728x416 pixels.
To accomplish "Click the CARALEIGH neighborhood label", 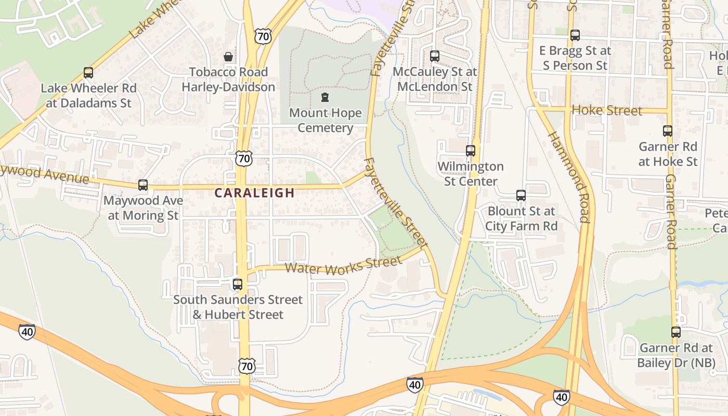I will pyautogui.click(x=255, y=193).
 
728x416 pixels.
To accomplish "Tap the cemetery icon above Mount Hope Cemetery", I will pyautogui.click(x=325, y=97).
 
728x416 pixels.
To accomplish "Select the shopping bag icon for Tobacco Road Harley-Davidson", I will pyautogui.click(x=228, y=57).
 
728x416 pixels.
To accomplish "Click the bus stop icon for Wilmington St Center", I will pyautogui.click(x=471, y=151).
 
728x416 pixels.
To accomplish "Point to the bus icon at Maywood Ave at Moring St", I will pyautogui.click(x=143, y=185).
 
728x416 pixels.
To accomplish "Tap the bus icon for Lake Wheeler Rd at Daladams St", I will pyautogui.click(x=88, y=73).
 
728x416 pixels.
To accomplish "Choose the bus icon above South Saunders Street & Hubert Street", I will pyautogui.click(x=238, y=284).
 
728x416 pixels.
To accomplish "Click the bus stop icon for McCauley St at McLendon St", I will pyautogui.click(x=435, y=56).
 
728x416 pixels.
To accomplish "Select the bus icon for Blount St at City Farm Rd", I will pyautogui.click(x=521, y=196).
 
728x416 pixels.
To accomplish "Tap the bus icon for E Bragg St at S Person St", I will pyautogui.click(x=575, y=35).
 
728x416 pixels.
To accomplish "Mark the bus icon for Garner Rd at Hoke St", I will pyautogui.click(x=668, y=131).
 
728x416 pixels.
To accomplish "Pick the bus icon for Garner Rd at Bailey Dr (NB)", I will pyautogui.click(x=675, y=332).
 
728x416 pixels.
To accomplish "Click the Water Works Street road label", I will pyautogui.click(x=344, y=266).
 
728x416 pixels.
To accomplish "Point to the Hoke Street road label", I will pyautogui.click(x=606, y=110).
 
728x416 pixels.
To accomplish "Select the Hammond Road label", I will pyautogui.click(x=569, y=177).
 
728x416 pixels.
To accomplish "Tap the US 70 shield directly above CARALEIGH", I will pyautogui.click(x=243, y=159).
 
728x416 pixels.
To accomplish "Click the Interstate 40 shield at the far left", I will pyautogui.click(x=27, y=331).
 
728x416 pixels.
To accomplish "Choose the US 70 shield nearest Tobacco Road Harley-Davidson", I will pyautogui.click(x=263, y=36).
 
